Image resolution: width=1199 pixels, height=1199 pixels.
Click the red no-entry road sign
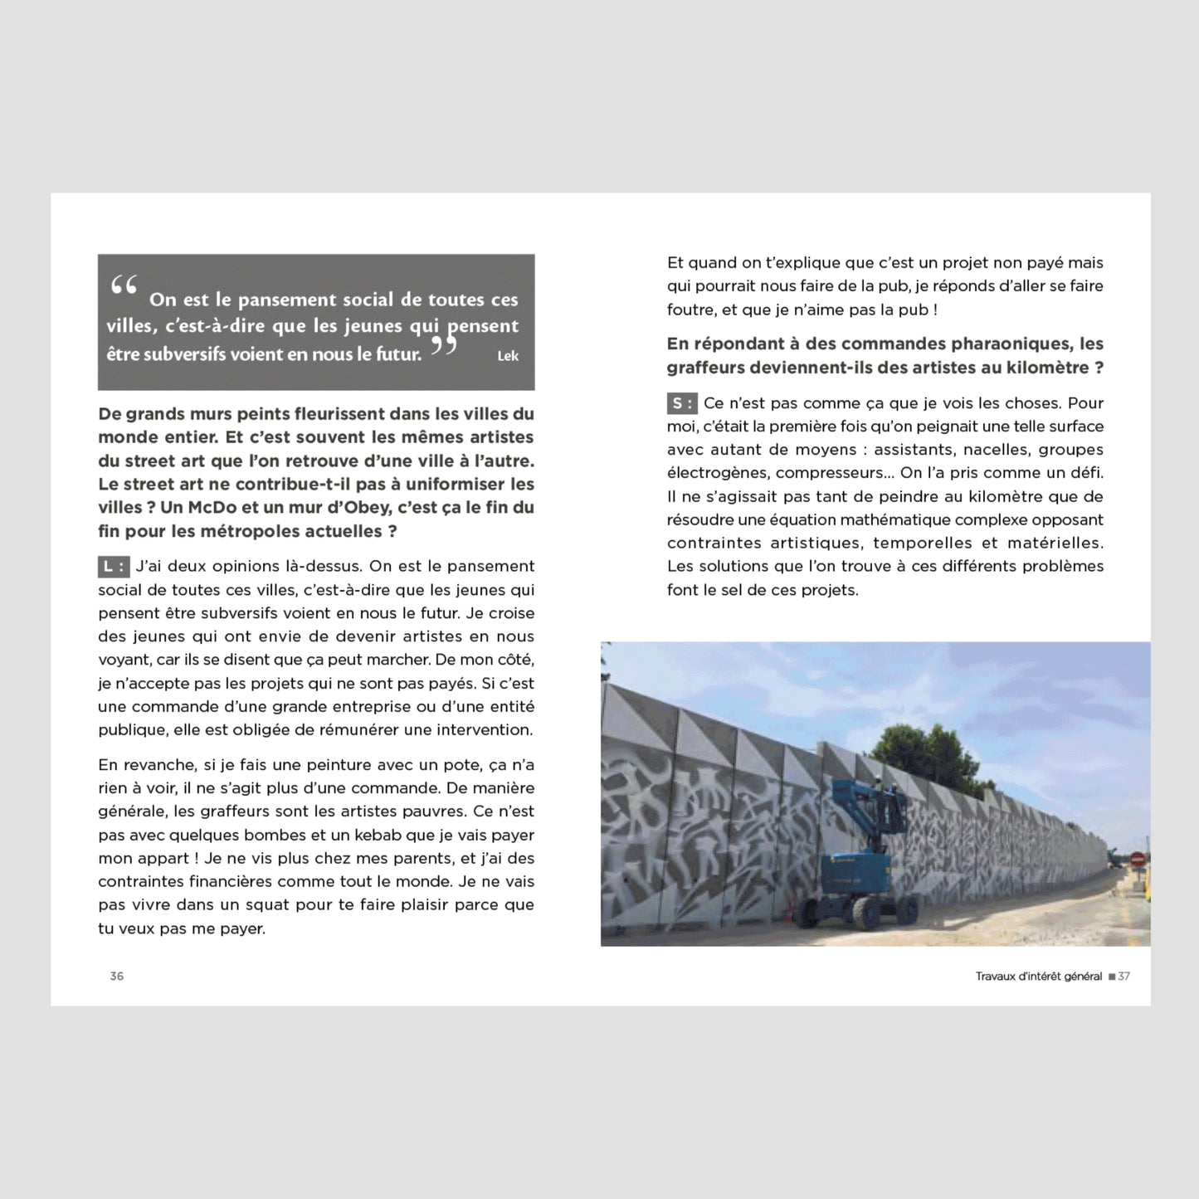[x=1137, y=858]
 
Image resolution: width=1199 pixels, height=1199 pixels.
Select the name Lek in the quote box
[x=508, y=356]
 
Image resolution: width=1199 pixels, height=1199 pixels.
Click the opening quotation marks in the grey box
[x=124, y=287]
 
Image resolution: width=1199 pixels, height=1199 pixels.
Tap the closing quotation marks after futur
[x=444, y=344]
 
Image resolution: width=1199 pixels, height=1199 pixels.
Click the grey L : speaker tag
[x=114, y=567]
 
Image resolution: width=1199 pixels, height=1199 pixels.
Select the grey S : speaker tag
[x=682, y=404]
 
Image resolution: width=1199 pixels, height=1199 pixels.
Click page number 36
[x=117, y=977]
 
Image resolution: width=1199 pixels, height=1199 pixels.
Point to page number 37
[x=1124, y=977]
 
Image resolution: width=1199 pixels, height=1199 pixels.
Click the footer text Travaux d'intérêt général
[x=1038, y=977]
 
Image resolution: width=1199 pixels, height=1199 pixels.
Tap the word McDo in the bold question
[x=211, y=508]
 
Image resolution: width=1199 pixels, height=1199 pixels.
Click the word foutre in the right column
[x=690, y=309]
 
